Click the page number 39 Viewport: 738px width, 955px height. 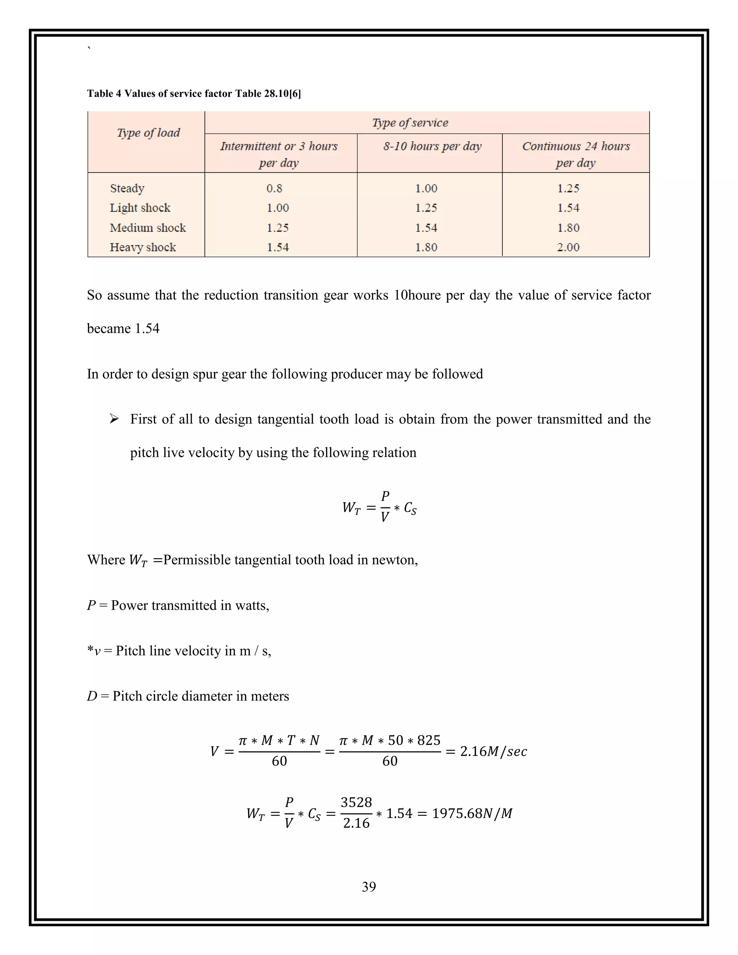click(x=369, y=887)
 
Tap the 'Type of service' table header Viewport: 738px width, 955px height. click(x=410, y=123)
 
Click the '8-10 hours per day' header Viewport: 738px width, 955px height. click(x=432, y=146)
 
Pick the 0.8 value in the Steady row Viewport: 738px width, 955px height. click(x=274, y=188)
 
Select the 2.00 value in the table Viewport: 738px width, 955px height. click(x=568, y=248)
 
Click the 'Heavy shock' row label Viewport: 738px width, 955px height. click(x=143, y=248)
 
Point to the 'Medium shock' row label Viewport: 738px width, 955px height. click(x=147, y=228)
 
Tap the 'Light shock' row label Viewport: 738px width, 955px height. click(x=140, y=208)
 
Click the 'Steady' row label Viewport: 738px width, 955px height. click(x=127, y=188)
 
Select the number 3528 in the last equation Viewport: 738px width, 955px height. click(x=356, y=803)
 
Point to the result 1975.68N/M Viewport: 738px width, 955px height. click(x=472, y=813)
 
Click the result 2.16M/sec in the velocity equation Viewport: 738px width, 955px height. click(x=493, y=751)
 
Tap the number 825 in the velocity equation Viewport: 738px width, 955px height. click(x=428, y=740)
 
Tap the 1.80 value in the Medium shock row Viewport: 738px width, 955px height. click(x=568, y=228)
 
